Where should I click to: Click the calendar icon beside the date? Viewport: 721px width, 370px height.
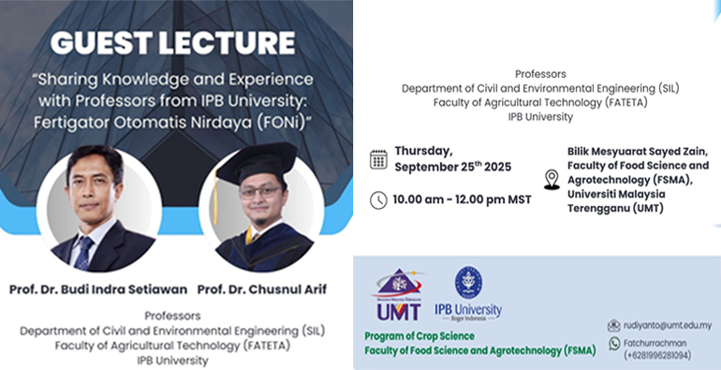(378, 158)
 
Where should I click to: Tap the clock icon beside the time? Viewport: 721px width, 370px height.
(378, 200)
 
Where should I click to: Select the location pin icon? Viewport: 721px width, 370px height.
(552, 179)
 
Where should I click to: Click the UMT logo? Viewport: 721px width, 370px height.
(398, 293)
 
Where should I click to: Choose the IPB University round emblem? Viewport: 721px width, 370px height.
(467, 283)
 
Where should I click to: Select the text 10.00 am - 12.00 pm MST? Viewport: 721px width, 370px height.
(453, 200)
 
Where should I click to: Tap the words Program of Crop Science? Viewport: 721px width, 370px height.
(419, 336)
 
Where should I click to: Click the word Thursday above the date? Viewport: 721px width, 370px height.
(424, 150)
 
